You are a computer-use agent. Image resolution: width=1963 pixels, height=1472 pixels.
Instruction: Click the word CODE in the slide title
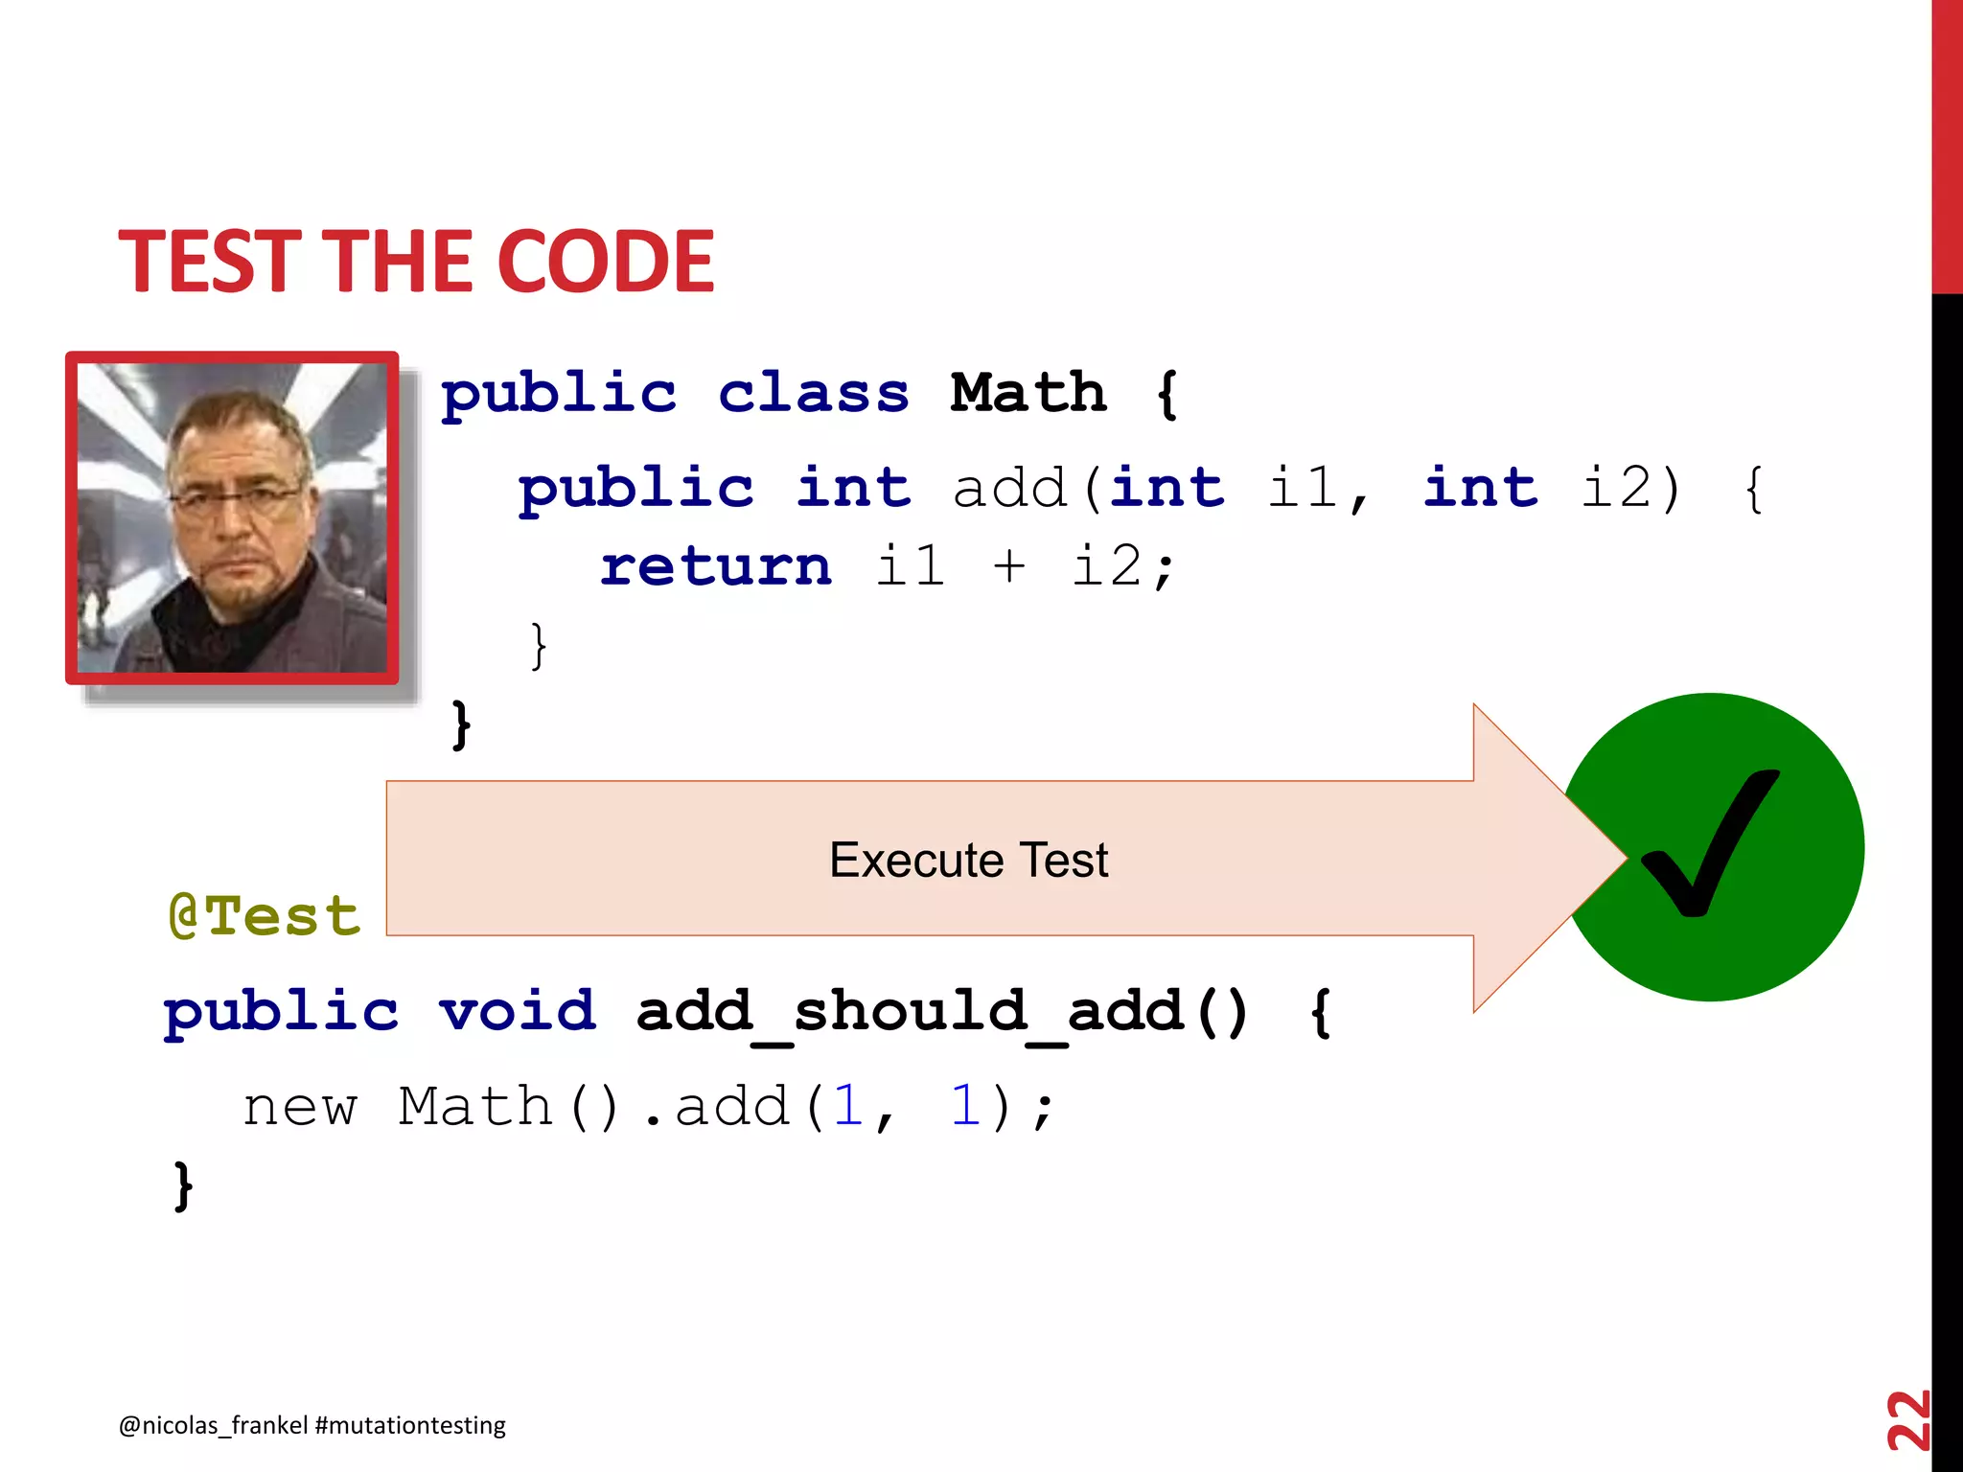(x=606, y=261)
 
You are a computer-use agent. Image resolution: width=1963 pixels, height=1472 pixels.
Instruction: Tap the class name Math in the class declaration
(x=1028, y=393)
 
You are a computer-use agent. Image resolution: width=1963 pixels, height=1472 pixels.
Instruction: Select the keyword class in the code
(x=814, y=393)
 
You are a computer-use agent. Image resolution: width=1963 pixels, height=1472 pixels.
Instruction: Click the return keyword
(x=716, y=565)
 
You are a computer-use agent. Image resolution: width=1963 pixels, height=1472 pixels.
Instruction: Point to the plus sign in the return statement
(x=1009, y=565)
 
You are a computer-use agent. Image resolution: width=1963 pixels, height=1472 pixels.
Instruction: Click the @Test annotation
(x=265, y=915)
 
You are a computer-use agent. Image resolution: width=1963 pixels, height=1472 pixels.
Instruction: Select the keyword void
(x=518, y=1011)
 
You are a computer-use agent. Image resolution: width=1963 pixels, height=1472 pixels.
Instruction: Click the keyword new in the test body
(x=300, y=1108)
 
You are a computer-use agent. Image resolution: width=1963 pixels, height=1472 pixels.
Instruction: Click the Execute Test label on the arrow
(x=968, y=860)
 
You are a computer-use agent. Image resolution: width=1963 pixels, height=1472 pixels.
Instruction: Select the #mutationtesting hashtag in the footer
(x=410, y=1425)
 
